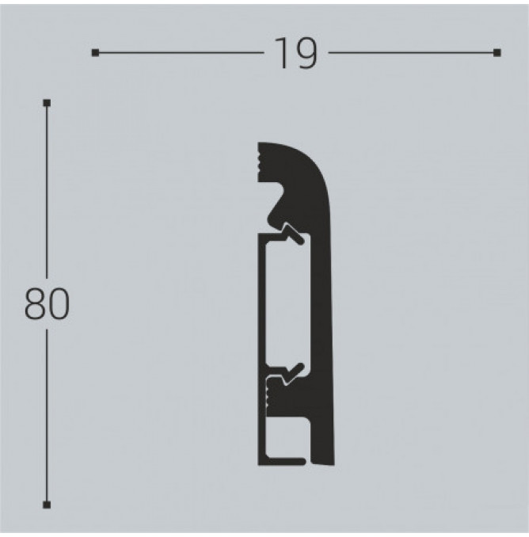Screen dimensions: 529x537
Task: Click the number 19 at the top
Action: (296, 53)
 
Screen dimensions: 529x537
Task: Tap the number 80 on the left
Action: (47, 304)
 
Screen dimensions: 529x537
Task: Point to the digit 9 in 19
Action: (306, 53)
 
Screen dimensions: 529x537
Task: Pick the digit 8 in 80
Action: (35, 304)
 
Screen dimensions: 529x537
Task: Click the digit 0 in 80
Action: (59, 304)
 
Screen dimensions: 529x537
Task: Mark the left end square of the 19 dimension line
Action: (95, 53)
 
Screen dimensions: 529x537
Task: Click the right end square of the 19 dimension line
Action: (497, 53)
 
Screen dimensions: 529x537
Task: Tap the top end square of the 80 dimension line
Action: (47, 103)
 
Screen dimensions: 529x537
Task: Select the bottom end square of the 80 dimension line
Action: (47, 505)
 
